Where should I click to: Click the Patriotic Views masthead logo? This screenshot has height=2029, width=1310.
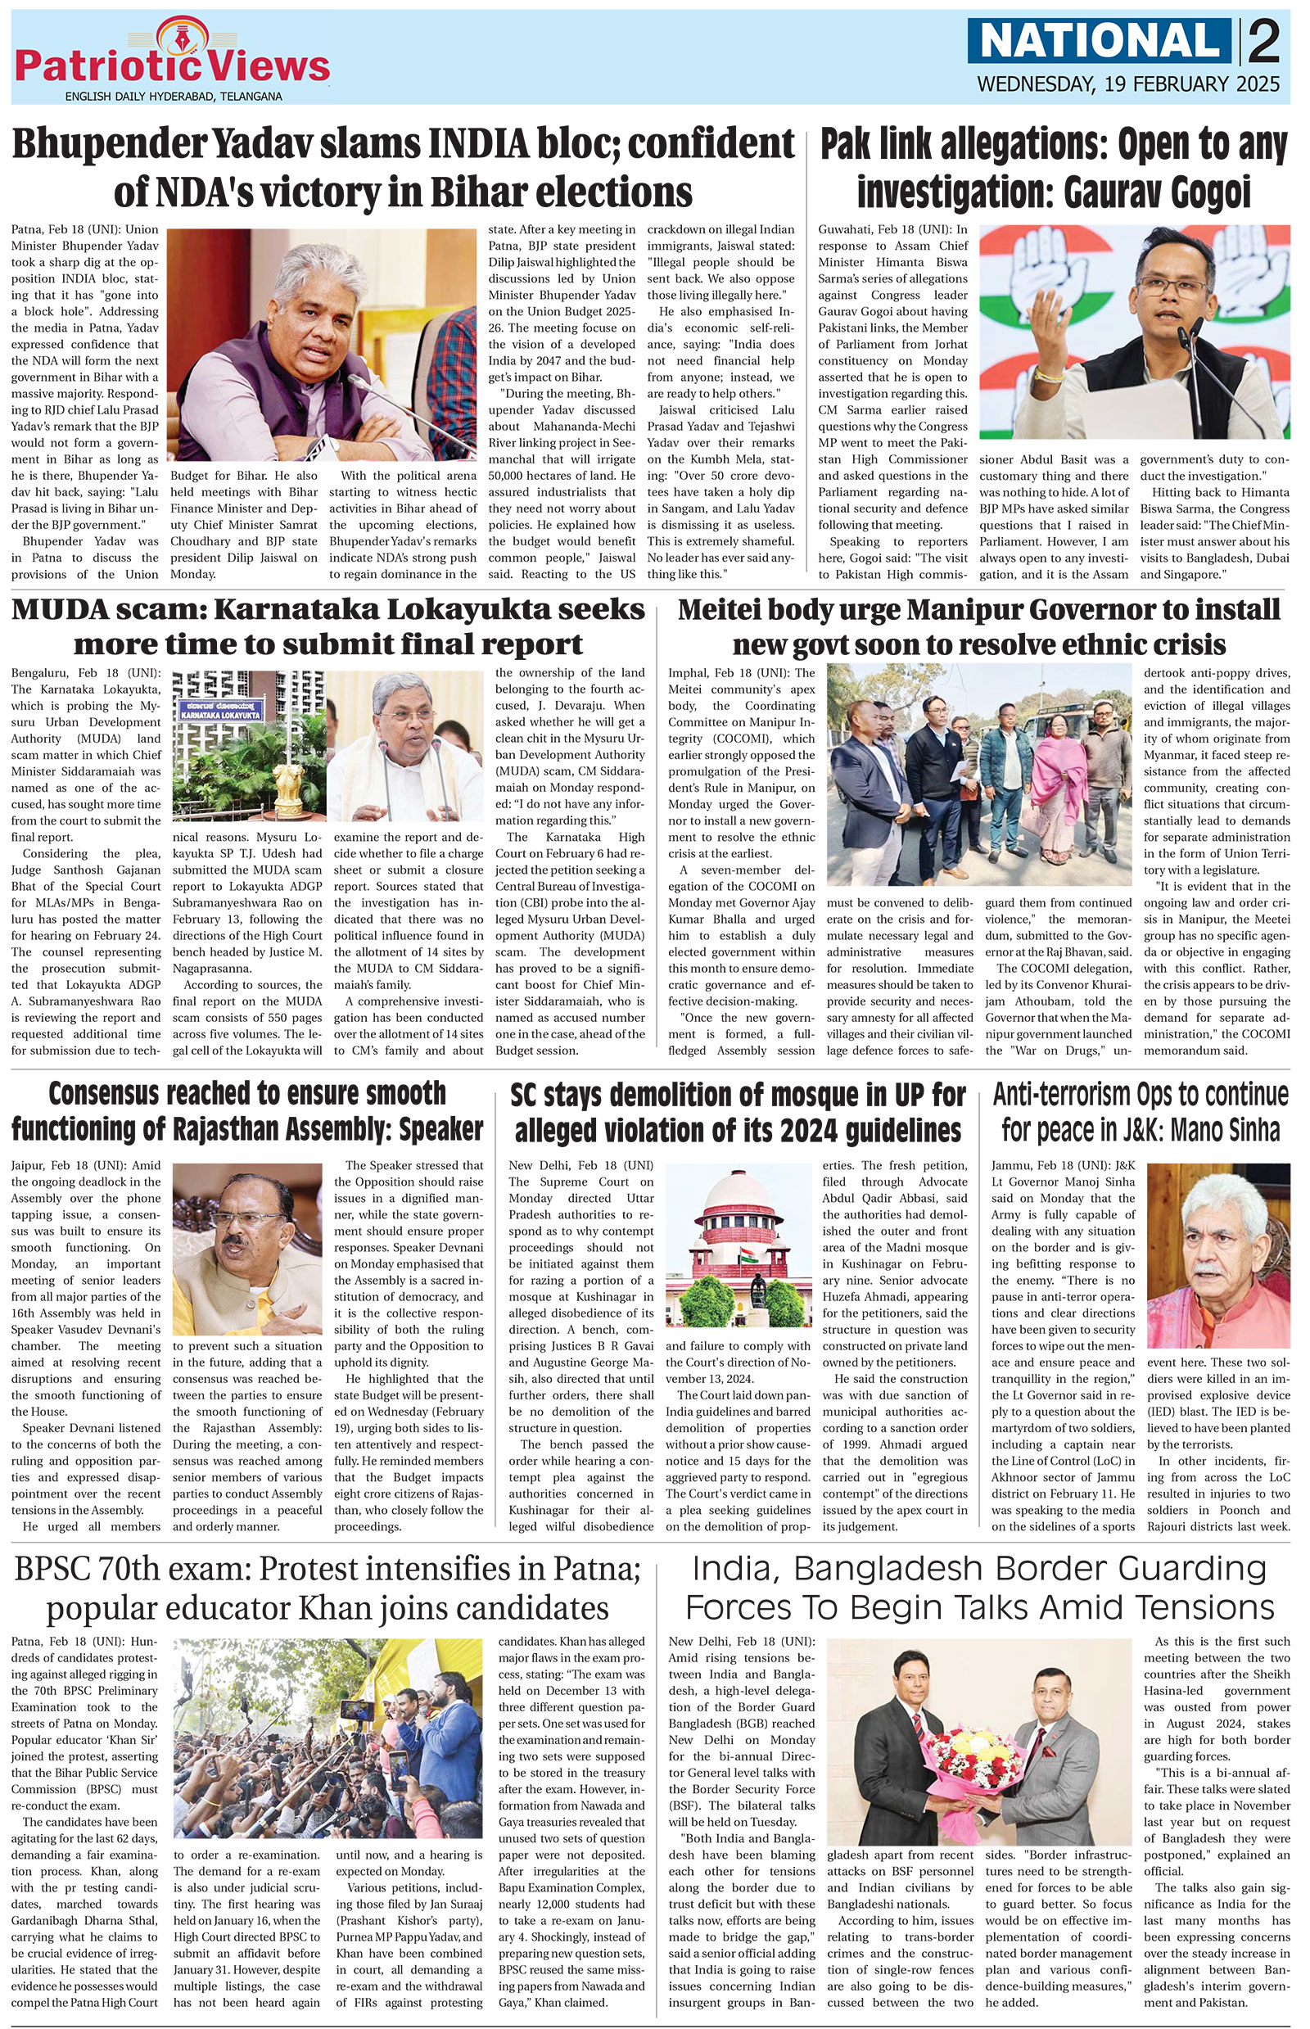pyautogui.click(x=172, y=61)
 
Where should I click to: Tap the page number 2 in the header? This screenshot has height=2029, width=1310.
pyautogui.click(x=1265, y=42)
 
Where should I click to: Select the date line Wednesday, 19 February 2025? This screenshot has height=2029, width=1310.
pyautogui.click(x=1128, y=85)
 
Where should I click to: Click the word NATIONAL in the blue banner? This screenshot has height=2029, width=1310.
pyautogui.click(x=1101, y=42)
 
